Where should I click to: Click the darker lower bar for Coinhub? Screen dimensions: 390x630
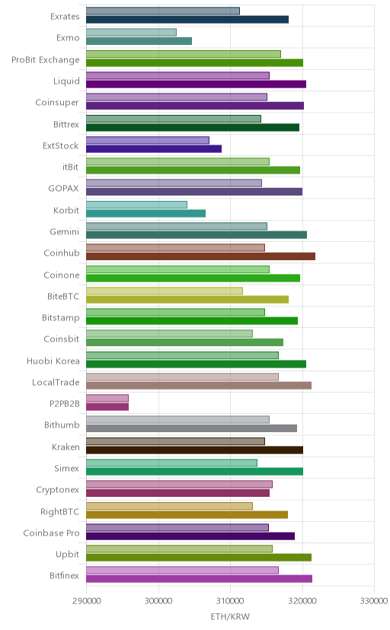(200, 256)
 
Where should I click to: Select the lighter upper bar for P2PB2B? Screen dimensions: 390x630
(107, 398)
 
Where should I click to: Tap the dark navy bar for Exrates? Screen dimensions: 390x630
(187, 19)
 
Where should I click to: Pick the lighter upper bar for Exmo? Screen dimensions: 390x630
(131, 33)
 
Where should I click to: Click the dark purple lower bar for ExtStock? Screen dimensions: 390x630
(154, 148)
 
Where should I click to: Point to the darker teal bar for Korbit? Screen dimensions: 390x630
(145, 213)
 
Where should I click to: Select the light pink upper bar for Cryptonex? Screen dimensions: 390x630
(179, 484)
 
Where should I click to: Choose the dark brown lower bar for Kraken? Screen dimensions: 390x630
(194, 450)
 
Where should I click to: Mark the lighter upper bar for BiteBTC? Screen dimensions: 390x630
(165, 291)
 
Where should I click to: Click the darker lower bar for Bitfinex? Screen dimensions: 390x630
(199, 579)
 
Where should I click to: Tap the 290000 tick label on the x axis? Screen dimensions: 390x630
(86, 601)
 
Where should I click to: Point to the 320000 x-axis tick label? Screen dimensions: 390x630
(302, 601)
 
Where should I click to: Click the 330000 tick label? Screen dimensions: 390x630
(374, 601)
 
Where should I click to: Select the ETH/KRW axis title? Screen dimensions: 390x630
(230, 617)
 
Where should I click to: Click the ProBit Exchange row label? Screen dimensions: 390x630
(46, 60)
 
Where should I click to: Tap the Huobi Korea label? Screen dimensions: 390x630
(53, 361)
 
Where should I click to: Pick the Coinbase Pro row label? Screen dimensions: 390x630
(52, 533)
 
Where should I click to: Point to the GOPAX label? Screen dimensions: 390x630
(63, 189)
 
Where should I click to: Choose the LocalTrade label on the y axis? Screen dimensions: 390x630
(56, 382)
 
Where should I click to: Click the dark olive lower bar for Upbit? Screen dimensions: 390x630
(199, 557)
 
